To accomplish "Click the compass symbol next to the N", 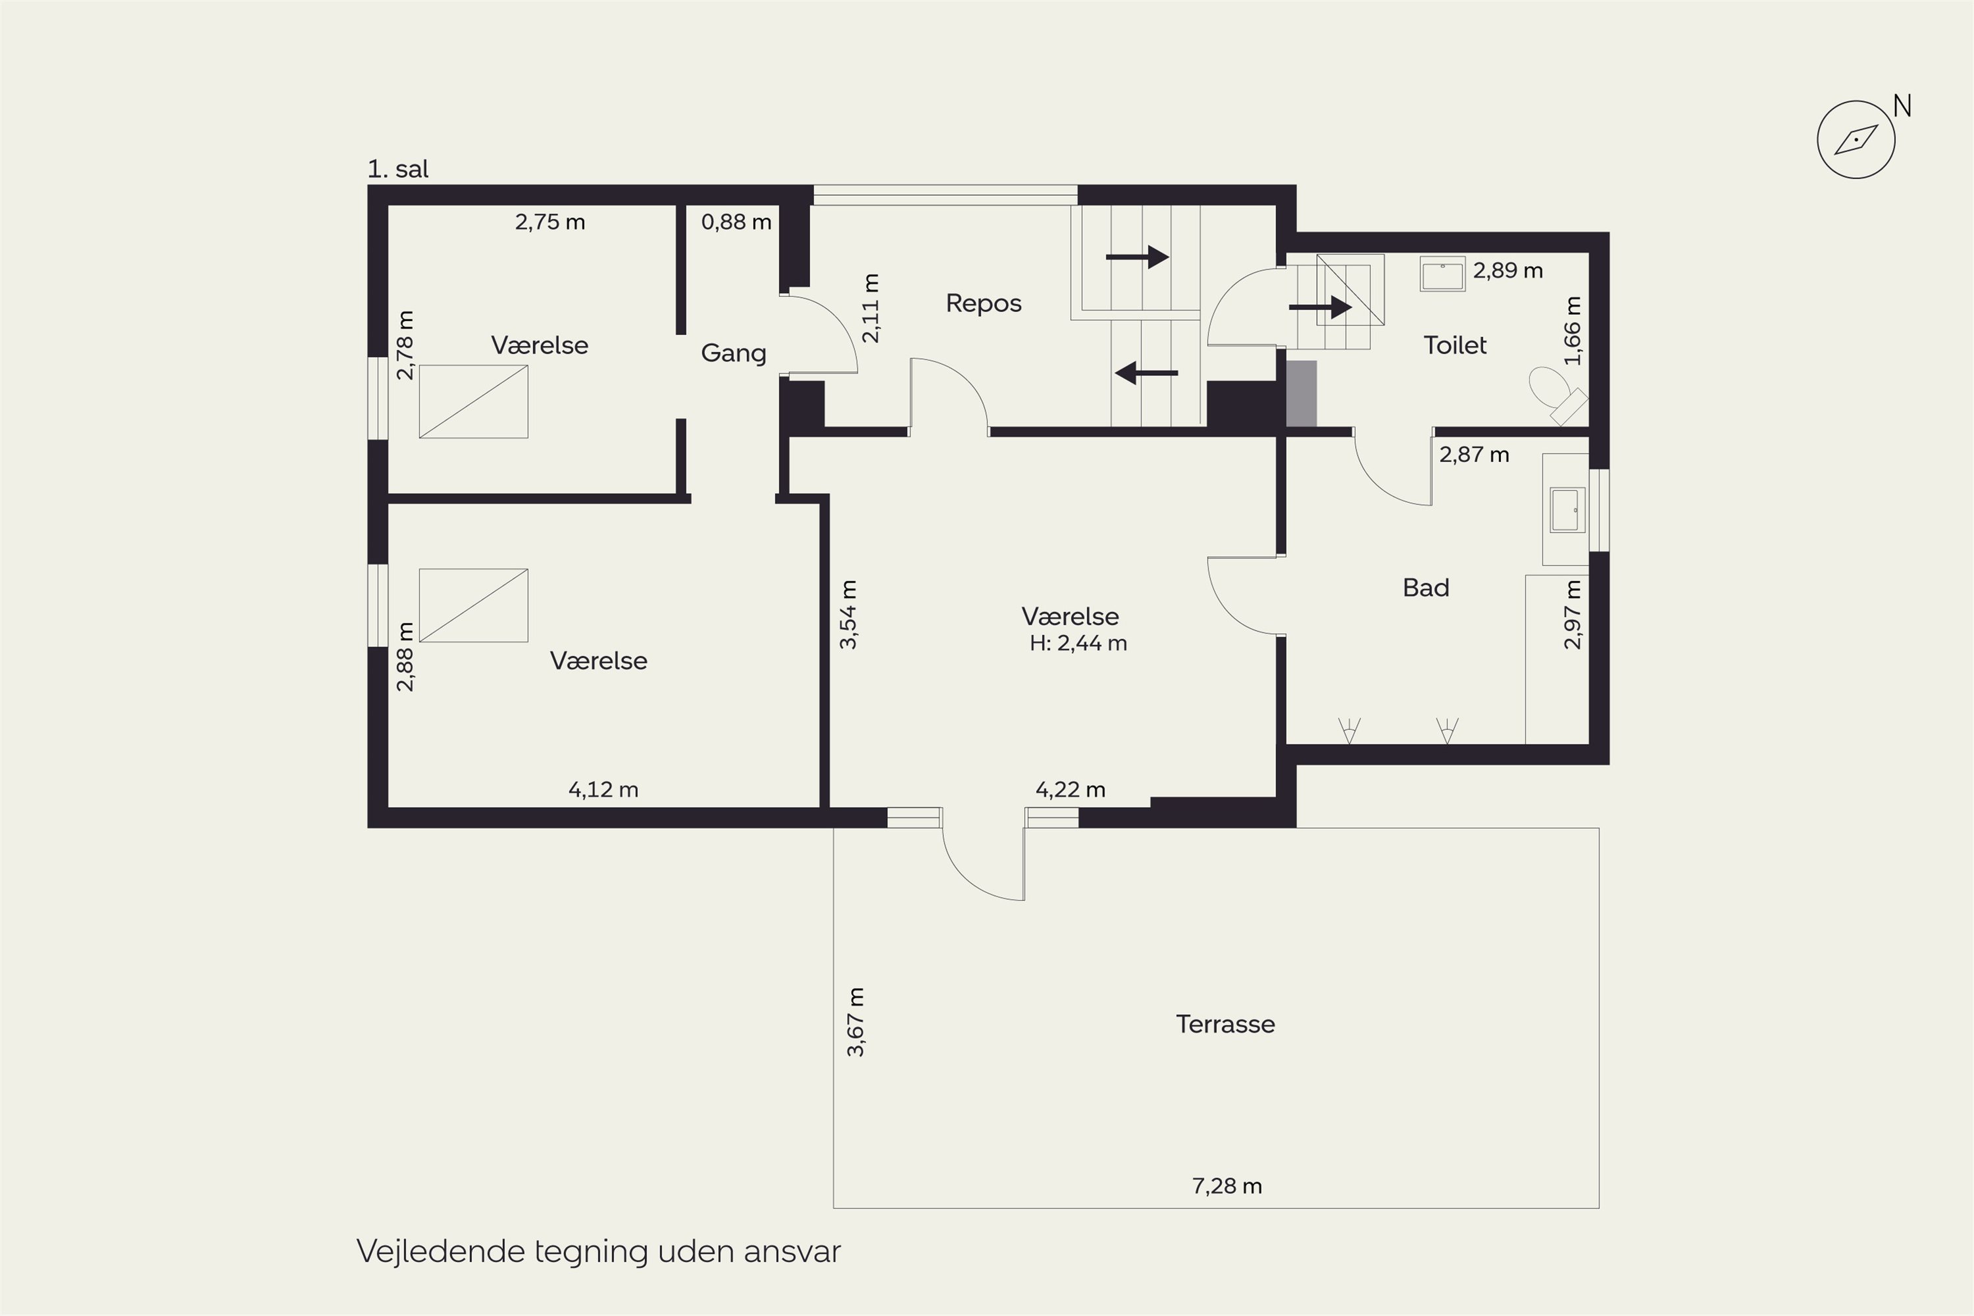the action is (x=1856, y=139).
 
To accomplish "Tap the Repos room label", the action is (x=984, y=303).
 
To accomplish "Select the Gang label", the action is (x=734, y=353).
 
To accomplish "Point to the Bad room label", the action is (x=1426, y=588).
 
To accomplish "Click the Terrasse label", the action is (x=1225, y=1024).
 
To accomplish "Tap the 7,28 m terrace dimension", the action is (x=1227, y=1186).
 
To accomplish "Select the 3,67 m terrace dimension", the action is (x=855, y=1023).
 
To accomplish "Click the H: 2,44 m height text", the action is (x=1078, y=644).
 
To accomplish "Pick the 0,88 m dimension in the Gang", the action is (x=736, y=222).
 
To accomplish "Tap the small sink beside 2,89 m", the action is (x=1443, y=274).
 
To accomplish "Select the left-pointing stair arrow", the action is (x=1146, y=372).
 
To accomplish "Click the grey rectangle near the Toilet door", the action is (x=1301, y=393).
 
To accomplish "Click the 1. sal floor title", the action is (x=398, y=170).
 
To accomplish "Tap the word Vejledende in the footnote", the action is (x=441, y=1252).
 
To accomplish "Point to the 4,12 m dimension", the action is (x=603, y=790).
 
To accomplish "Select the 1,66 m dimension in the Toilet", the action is (x=1573, y=331).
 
